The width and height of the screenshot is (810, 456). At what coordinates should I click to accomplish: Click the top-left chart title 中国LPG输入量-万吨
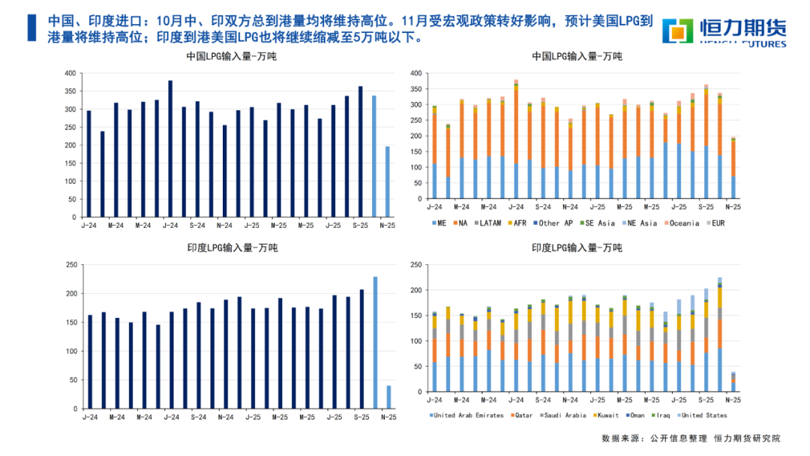point(231,57)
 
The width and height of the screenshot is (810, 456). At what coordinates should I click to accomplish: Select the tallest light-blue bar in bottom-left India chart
point(376,334)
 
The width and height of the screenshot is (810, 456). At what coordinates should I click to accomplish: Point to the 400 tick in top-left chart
point(70,73)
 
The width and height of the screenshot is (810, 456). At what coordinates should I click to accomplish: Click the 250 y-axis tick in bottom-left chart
point(70,265)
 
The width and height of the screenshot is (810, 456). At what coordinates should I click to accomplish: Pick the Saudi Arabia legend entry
point(562,415)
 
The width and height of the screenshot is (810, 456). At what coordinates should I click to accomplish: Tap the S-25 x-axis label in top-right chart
point(706,206)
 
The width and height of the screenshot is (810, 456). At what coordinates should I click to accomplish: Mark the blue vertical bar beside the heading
point(31,28)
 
